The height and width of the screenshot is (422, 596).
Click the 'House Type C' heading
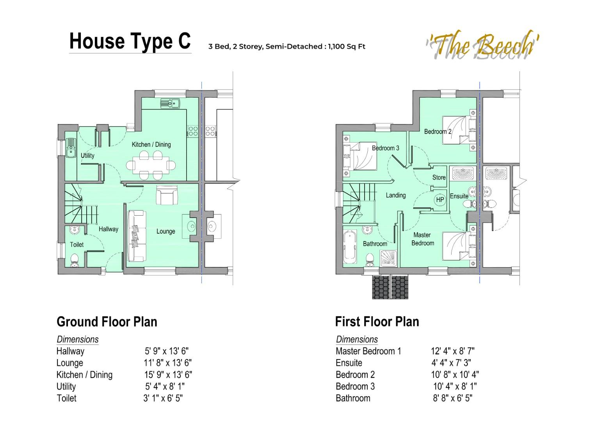click(130, 41)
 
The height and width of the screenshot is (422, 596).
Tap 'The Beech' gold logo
click(482, 46)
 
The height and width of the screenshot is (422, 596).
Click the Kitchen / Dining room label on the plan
click(151, 145)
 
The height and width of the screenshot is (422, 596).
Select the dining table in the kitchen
click(150, 165)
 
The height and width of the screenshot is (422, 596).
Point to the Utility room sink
click(71, 148)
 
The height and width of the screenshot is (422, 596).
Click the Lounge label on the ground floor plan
click(165, 231)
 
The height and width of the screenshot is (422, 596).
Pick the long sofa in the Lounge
click(137, 236)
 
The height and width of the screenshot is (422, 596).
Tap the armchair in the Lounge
click(167, 195)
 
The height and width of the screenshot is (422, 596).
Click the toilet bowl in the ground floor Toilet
click(75, 260)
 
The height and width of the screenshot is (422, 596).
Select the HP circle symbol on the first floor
click(440, 200)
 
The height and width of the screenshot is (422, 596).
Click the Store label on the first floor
click(439, 177)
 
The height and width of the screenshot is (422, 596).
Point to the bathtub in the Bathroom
click(350, 247)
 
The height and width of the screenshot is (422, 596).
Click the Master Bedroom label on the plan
click(422, 239)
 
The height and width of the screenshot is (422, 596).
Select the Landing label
click(396, 195)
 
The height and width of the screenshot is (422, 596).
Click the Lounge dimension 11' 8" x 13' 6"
click(167, 363)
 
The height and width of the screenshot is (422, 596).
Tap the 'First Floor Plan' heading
click(377, 322)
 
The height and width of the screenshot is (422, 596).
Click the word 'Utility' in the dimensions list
click(66, 386)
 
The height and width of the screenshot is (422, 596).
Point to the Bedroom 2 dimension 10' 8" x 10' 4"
click(455, 375)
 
